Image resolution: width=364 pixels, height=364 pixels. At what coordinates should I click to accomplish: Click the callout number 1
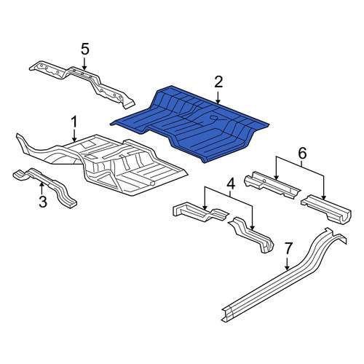tap(74, 122)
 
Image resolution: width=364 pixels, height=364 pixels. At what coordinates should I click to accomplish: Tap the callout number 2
tap(218, 82)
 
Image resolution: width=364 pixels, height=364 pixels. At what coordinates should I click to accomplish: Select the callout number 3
tap(43, 202)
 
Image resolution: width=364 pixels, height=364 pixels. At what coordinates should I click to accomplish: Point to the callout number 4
tap(230, 183)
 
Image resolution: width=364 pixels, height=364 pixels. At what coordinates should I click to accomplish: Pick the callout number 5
tap(85, 50)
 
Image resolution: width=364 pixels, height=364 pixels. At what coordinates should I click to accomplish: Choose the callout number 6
tap(302, 154)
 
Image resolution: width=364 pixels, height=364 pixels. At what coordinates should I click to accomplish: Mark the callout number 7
tap(288, 248)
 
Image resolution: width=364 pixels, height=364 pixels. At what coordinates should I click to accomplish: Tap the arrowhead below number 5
tap(84, 68)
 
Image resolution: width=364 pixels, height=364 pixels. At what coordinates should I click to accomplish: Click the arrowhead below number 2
tap(218, 101)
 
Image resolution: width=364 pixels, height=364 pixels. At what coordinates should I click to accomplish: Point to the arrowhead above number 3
tap(41, 185)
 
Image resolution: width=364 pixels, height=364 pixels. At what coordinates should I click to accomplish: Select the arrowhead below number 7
tap(288, 267)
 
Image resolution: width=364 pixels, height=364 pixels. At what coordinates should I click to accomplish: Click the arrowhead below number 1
tap(74, 139)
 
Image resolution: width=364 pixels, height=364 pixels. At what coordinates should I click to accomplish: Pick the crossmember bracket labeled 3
tap(45, 187)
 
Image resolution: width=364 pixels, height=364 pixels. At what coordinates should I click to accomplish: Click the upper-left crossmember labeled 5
tap(82, 83)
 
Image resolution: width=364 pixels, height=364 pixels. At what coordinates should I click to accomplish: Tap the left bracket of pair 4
tap(200, 212)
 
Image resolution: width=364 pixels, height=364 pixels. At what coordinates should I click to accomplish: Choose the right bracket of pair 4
tap(253, 234)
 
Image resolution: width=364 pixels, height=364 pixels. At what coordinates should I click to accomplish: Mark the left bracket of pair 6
tap(272, 185)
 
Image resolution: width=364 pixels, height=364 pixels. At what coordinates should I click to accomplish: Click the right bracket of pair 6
tap(326, 209)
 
